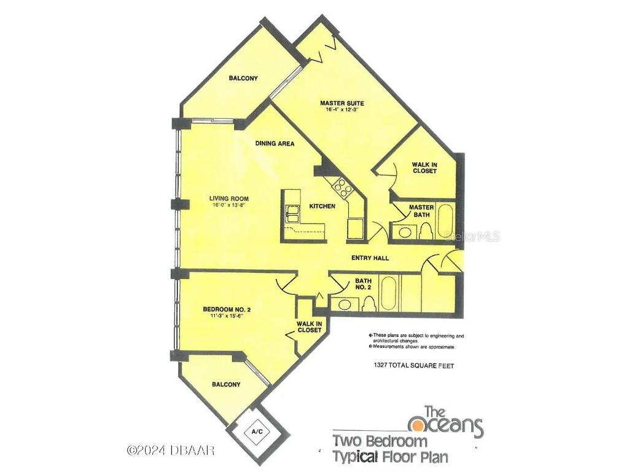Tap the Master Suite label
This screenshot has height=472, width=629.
coord(342,103)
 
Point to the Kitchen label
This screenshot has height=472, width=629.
coord(322,206)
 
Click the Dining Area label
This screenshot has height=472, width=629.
coord(275,144)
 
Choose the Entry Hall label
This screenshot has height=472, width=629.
coord(369,258)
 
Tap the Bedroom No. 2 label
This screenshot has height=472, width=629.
coord(226,310)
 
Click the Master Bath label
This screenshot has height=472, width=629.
coord(421,211)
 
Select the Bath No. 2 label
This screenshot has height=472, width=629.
coord(364,285)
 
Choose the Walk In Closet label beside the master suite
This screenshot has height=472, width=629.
coord(424,167)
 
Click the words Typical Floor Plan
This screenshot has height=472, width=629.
coord(390,457)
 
